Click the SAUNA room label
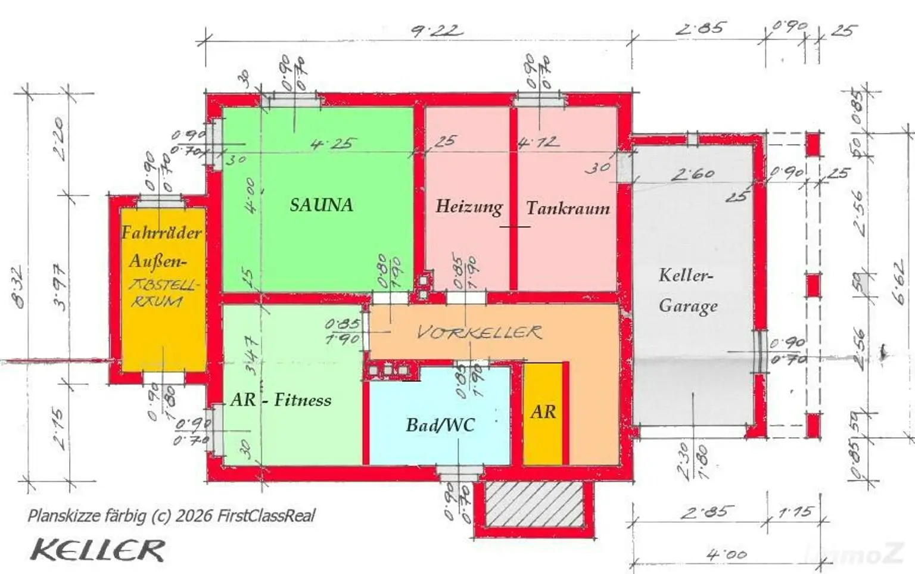321,205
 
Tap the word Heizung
469,207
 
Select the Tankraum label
568,208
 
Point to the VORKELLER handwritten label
479,332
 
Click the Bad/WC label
440,425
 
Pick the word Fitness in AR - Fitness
303,400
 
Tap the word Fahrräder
161,232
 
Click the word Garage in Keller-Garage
688,306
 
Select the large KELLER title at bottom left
98,550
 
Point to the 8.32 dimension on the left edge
20,287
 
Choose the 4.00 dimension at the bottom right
727,554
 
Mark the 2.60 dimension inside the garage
692,174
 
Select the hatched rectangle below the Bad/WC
534,504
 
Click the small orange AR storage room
543,412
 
